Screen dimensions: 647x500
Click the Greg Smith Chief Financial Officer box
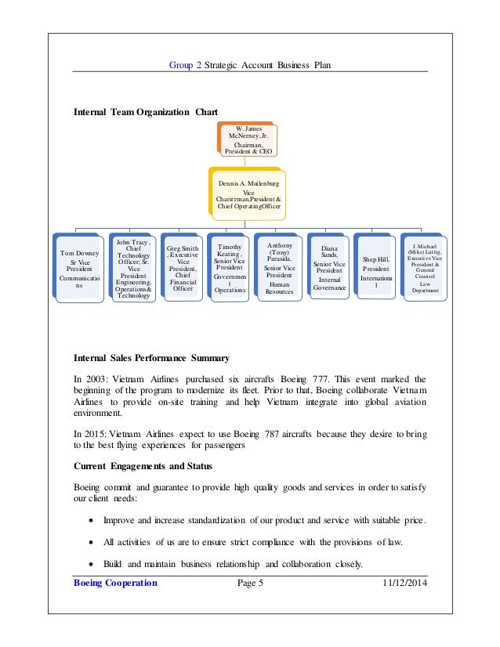click(183, 269)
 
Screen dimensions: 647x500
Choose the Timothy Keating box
click(230, 269)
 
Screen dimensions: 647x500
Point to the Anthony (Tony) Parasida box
click(280, 269)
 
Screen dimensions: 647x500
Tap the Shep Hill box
click(375, 269)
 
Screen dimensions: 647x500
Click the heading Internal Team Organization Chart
click(146, 112)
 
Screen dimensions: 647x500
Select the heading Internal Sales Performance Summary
click(151, 359)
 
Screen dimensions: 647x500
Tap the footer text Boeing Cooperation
click(115, 584)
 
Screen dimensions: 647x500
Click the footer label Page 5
click(250, 584)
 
